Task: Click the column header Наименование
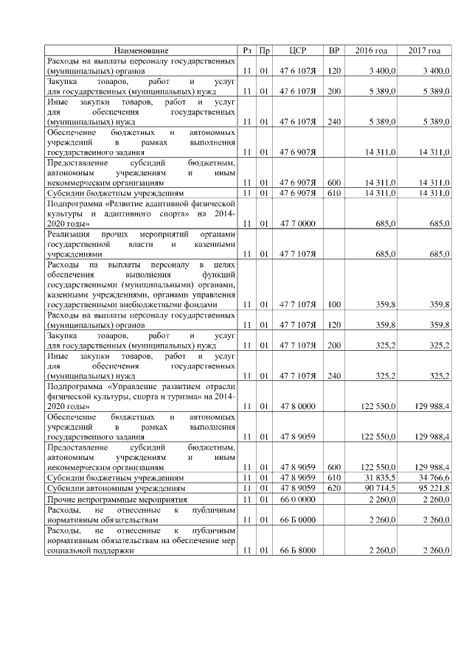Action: click(141, 50)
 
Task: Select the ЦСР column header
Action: click(298, 50)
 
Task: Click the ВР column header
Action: click(334, 50)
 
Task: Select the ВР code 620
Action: click(334, 488)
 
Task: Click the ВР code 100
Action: click(334, 304)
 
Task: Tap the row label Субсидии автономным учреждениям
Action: click(115, 488)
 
